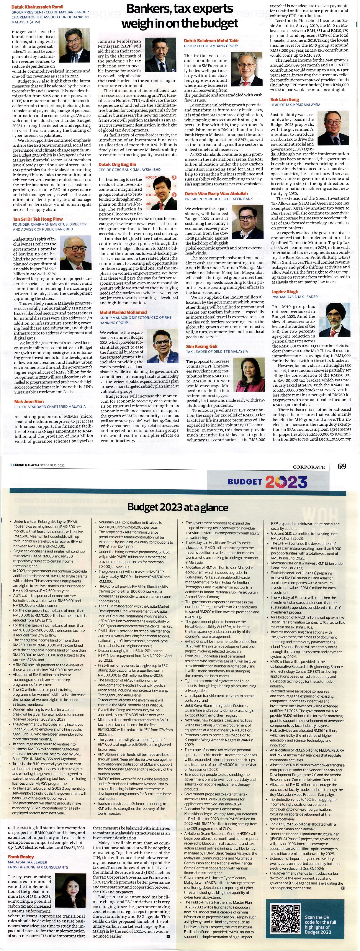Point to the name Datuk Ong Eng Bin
117,164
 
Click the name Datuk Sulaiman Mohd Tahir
212,40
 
